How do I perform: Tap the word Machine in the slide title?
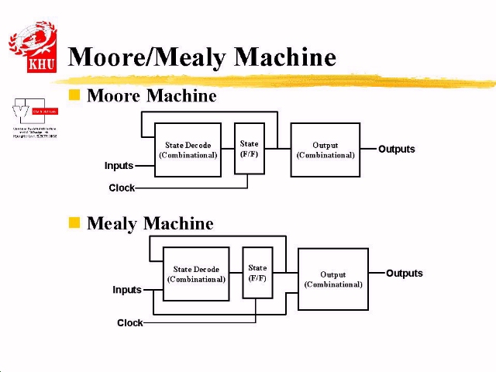pyautogui.click(x=284, y=57)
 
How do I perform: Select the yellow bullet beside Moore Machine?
pyautogui.click(x=74, y=95)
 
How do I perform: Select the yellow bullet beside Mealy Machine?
pyautogui.click(x=74, y=223)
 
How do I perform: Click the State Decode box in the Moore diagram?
pyautogui.click(x=188, y=150)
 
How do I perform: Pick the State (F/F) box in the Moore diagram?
pyautogui.click(x=249, y=148)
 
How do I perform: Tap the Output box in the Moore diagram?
pyautogui.click(x=325, y=150)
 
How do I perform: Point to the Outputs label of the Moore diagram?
pyautogui.click(x=396, y=149)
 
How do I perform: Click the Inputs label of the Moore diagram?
pyautogui.click(x=119, y=166)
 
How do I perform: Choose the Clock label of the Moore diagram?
pyautogui.click(x=122, y=188)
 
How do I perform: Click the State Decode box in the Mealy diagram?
pyautogui.click(x=196, y=274)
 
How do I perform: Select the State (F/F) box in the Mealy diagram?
pyautogui.click(x=257, y=273)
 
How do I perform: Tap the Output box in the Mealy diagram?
pyautogui.click(x=332, y=279)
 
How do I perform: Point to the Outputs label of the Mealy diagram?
pyautogui.click(x=404, y=274)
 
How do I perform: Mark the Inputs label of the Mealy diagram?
pyautogui.click(x=127, y=290)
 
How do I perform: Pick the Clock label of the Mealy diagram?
pyautogui.click(x=129, y=322)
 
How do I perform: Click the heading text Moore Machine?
pyautogui.click(x=151, y=96)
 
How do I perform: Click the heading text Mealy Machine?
pyautogui.click(x=150, y=223)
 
